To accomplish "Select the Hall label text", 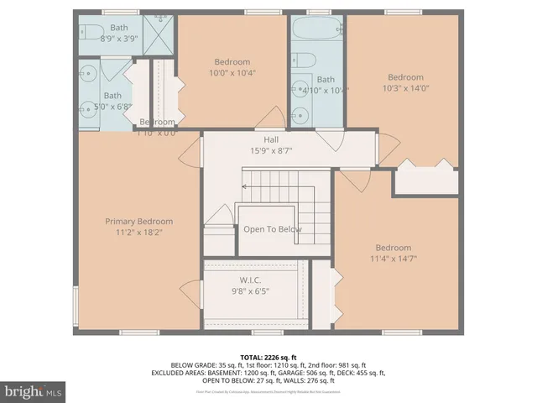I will coord(271,140).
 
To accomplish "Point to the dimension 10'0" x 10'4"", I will coord(232,73).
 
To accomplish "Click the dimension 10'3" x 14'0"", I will coord(404,89).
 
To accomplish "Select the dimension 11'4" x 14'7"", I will coord(393,259).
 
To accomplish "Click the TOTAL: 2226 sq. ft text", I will coord(268,357).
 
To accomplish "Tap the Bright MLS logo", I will coord(34,391).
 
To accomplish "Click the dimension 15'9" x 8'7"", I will coord(271,151).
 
